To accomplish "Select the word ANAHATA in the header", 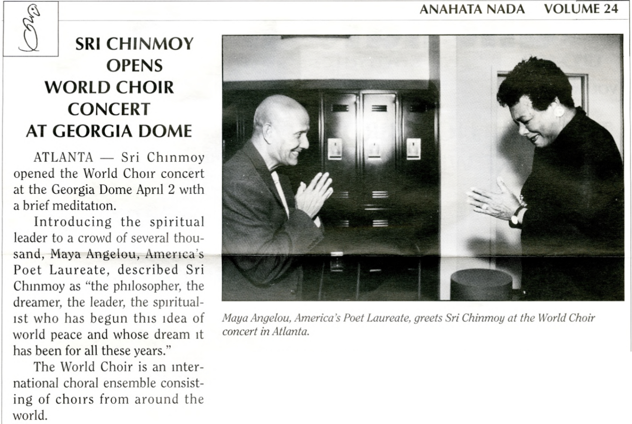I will pyautogui.click(x=447, y=9).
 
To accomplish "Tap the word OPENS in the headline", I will pyautogui.click(x=134, y=66).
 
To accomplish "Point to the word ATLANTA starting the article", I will pyautogui.click(x=63, y=157).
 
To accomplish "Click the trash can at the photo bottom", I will pyautogui.click(x=481, y=283).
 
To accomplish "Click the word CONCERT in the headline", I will pyautogui.click(x=109, y=109).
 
